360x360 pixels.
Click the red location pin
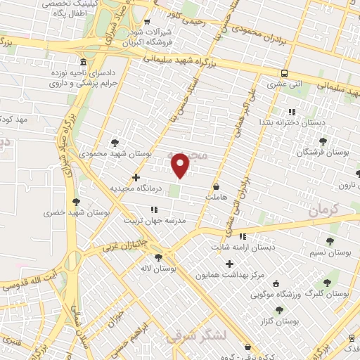pos(181,165)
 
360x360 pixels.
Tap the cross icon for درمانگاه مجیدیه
pos(136,177)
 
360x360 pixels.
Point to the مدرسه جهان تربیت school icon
pos(154,210)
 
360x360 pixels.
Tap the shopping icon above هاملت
pos(215,186)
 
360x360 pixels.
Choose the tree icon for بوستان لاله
pos(158,257)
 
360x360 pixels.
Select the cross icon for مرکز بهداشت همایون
pos(229,263)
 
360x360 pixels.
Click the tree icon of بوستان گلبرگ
pos(326,283)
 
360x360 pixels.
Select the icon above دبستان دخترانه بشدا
pos(292,112)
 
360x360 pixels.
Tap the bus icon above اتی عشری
pos(284,73)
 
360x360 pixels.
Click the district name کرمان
pos(323,209)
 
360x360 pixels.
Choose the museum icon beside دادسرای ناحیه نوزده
pos(84,63)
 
